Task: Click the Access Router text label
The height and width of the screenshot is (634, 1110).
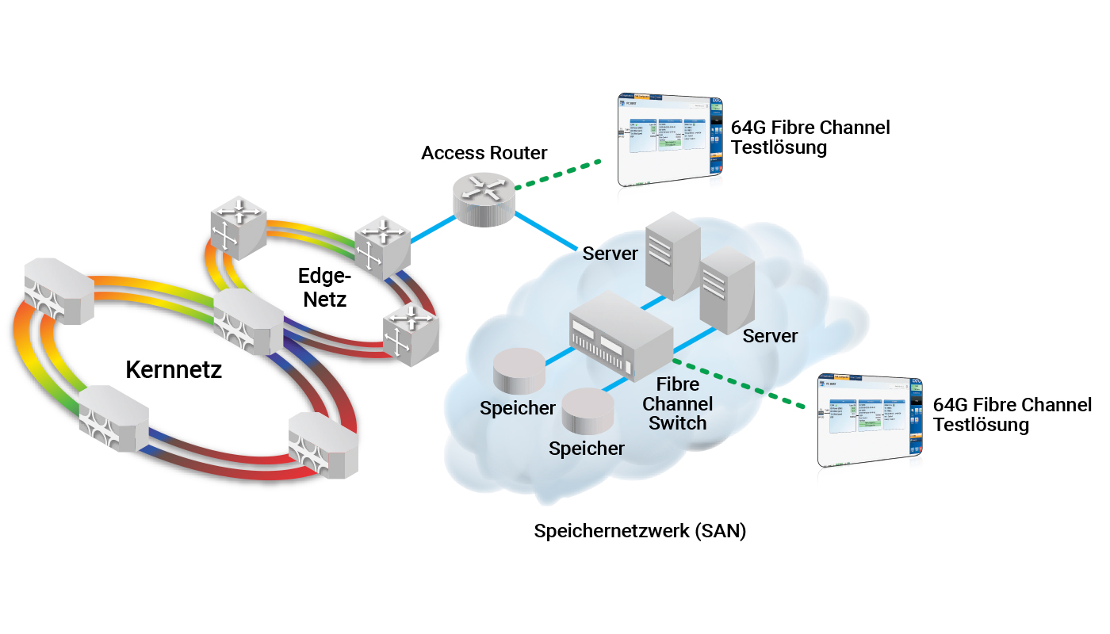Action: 484,153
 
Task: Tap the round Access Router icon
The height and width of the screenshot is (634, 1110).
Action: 483,196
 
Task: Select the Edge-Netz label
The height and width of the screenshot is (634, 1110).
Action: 323,288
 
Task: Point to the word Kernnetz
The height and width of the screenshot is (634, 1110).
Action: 174,369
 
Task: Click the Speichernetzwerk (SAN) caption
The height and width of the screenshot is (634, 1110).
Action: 640,531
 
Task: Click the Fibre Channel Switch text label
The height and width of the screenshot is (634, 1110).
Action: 678,403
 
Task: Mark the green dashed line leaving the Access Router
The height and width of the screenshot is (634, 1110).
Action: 558,176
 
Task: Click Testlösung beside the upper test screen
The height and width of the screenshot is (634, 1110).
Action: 779,148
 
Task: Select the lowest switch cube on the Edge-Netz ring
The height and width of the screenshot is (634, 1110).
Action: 409,334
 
